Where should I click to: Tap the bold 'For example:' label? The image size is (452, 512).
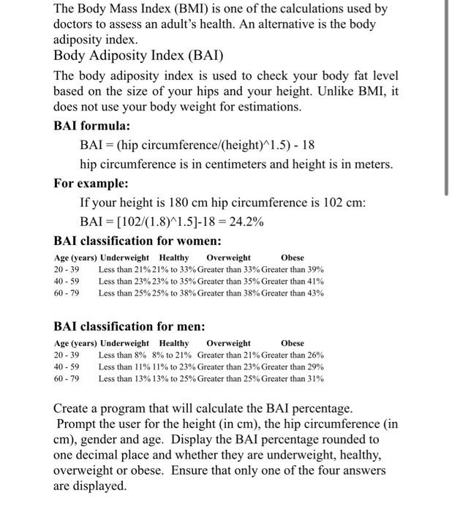(x=91, y=183)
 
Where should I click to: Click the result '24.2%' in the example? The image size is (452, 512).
(x=246, y=222)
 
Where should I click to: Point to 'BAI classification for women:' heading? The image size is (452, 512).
(x=138, y=241)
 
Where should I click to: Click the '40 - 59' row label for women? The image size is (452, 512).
(x=67, y=281)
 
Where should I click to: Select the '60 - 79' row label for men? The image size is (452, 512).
(x=67, y=378)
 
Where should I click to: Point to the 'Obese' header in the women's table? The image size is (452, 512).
(x=293, y=257)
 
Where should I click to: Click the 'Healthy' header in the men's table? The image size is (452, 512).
(x=174, y=343)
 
